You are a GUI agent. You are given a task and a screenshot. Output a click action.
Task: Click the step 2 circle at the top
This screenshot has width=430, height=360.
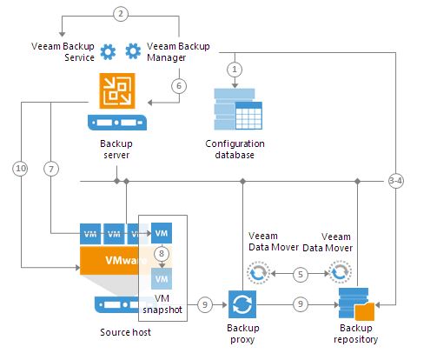click(x=122, y=13)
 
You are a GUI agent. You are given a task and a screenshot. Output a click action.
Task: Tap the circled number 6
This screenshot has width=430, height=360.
click(x=178, y=86)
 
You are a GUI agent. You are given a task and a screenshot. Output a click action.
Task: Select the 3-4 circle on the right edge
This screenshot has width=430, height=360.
click(x=396, y=181)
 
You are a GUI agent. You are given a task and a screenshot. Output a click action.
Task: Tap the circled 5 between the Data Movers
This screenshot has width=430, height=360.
click(x=300, y=273)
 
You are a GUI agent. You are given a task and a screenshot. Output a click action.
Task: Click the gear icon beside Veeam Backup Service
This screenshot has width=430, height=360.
click(x=108, y=51)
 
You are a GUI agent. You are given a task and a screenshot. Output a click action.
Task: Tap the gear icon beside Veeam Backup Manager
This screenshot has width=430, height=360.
click(x=134, y=51)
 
